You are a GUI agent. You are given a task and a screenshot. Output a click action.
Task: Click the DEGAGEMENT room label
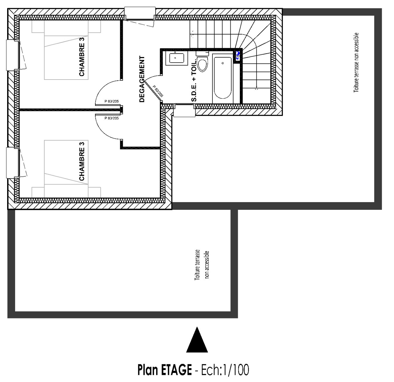pos(142,79)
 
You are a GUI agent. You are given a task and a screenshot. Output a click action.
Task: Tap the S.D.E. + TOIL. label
pos(194,80)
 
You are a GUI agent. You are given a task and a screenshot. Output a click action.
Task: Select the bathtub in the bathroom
pos(223,78)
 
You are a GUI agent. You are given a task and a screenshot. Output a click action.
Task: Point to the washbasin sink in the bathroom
pos(175,58)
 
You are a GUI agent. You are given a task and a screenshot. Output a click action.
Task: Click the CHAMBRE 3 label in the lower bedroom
pos(82,161)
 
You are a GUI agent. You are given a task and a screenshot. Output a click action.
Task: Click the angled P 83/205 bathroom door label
pos(158,91)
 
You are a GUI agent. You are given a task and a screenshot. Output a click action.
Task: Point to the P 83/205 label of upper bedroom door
pos(112,101)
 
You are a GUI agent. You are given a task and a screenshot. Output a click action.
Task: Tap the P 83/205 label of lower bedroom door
pos(112,118)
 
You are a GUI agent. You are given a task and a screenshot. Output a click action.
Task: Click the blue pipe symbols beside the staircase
pos(238,56)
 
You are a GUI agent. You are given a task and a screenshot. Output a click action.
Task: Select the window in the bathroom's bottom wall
pos(184,110)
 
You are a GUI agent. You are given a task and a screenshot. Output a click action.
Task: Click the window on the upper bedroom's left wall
pos(13,55)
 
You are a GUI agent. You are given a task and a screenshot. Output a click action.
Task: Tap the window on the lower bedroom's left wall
pos(13,163)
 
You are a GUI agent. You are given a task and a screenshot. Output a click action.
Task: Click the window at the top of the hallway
pos(140,13)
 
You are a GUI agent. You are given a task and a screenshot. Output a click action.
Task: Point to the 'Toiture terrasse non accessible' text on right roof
pos(356,63)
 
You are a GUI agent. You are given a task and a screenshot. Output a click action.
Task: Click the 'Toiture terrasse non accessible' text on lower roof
pos(202,265)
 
